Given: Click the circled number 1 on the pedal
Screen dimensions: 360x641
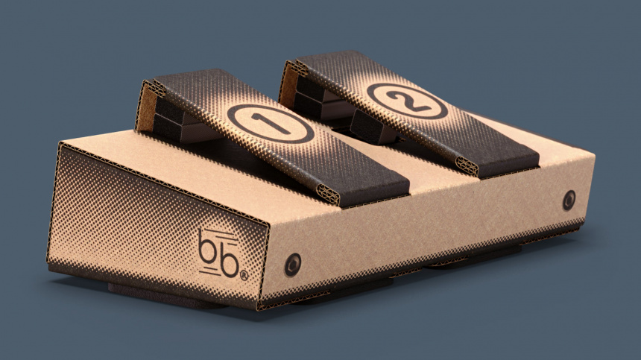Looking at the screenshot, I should point(270,123).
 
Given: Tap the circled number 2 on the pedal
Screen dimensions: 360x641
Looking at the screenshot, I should point(405,101).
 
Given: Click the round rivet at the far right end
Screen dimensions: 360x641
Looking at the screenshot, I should point(569,199).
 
